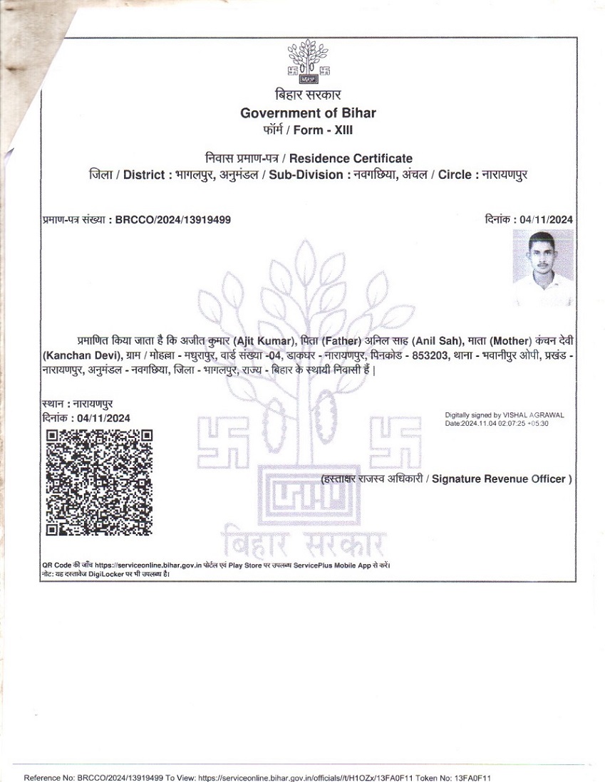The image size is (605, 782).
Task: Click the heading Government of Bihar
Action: tap(308, 113)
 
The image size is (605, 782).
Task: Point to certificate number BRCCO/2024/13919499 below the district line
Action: tap(172, 220)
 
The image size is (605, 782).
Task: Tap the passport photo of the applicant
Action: tap(543, 269)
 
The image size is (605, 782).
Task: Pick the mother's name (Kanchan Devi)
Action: tap(72, 355)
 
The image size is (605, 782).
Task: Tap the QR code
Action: tap(99, 482)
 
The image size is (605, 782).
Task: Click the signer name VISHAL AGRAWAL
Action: tap(533, 415)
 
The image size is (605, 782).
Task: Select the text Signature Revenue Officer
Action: tap(502, 479)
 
